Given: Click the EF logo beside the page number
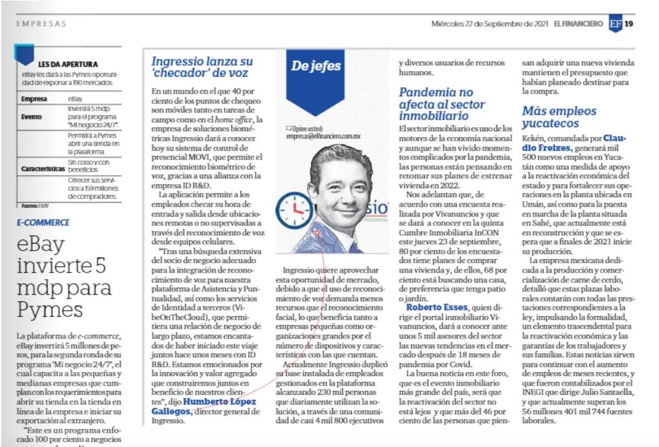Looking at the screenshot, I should point(615,24).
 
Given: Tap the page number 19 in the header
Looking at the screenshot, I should point(629,24).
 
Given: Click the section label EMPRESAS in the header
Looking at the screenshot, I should point(41,24).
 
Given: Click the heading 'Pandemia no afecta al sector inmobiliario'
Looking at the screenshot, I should point(437,104).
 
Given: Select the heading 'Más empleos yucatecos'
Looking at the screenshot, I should point(559,117).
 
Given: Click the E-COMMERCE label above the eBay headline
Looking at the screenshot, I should point(43,223).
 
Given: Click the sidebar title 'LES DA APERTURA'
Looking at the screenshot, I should point(68,64).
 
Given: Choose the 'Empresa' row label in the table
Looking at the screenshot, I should point(34,99).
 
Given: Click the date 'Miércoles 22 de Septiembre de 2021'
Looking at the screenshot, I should point(490,24).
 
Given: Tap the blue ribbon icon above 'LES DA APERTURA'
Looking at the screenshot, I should point(25,54).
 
